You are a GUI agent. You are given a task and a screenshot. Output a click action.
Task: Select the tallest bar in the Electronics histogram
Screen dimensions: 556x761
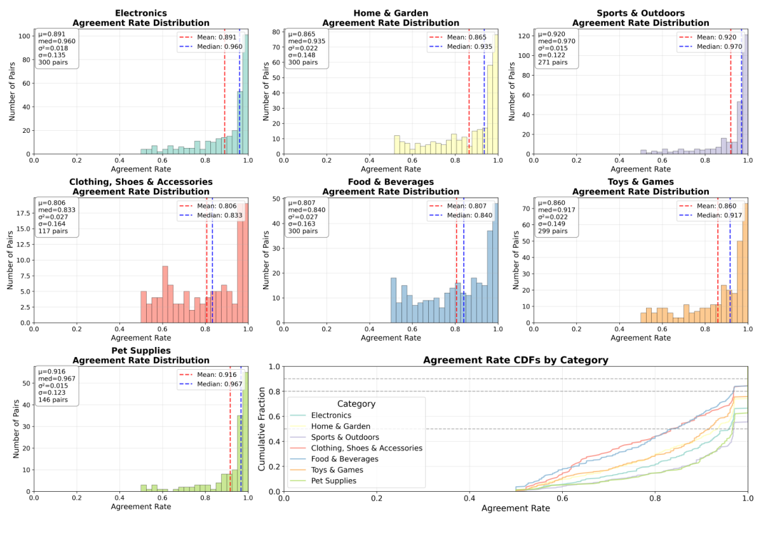[246, 95]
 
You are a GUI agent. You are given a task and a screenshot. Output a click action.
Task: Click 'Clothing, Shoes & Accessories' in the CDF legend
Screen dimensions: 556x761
[366, 448]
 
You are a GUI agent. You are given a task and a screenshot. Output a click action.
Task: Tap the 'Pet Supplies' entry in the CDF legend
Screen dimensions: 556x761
[333, 480]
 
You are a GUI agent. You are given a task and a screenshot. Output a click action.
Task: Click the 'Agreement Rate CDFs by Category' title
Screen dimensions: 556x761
[516, 360]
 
